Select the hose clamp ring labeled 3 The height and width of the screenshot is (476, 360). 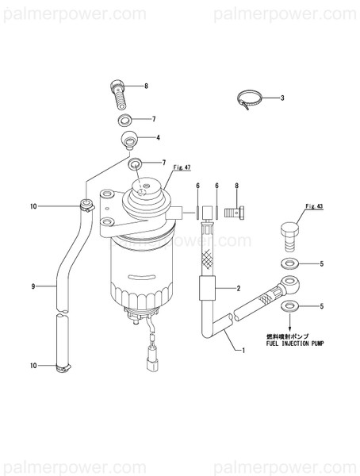248,101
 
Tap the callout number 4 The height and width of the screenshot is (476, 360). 158,138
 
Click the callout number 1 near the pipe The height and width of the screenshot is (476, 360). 243,350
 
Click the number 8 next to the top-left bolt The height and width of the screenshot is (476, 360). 146,85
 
